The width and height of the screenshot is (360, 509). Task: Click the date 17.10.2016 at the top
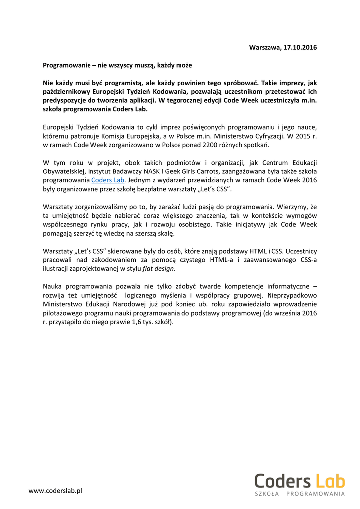(300, 47)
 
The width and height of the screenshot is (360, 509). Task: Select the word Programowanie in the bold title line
(66, 65)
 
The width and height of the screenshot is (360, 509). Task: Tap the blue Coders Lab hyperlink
(107, 180)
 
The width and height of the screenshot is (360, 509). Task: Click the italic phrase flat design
(159, 269)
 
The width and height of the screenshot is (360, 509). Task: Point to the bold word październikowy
(68, 92)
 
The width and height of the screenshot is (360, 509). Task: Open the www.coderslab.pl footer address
(55, 491)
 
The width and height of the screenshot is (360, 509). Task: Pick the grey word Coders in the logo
(282, 481)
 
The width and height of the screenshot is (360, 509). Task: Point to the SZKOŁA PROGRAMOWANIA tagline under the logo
(299, 494)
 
